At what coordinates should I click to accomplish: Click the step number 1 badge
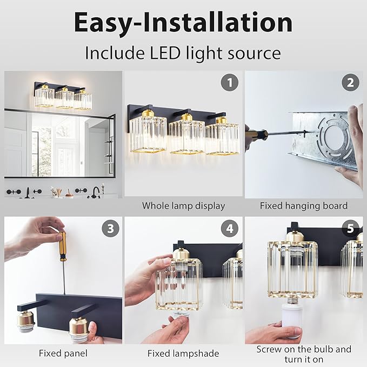[230, 83]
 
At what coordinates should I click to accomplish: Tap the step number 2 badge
[350, 83]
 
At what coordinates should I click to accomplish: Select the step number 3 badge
[110, 229]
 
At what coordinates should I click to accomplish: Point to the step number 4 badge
[230, 229]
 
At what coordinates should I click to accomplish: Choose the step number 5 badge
[350, 229]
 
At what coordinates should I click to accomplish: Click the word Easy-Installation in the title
[183, 23]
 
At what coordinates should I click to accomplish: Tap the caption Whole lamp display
[183, 205]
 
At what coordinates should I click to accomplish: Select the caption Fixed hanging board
[303, 205]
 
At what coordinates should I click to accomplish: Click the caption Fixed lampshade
[183, 353]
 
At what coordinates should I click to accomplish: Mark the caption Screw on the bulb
[303, 349]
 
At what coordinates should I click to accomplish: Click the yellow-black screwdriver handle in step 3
[63, 246]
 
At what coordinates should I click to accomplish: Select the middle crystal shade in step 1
[186, 136]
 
